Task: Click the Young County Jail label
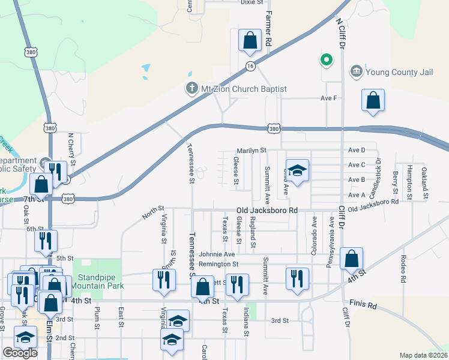pos(399,73)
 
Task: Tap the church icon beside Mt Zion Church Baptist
pos(191,89)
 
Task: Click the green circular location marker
pos(326,59)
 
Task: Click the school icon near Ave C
pos(297,170)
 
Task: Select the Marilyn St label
pos(251,150)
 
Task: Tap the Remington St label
pos(218,263)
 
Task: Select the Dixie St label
pos(252,2)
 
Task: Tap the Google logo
pos(20,353)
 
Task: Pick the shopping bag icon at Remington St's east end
pos(351,259)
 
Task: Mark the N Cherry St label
pos(71,149)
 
